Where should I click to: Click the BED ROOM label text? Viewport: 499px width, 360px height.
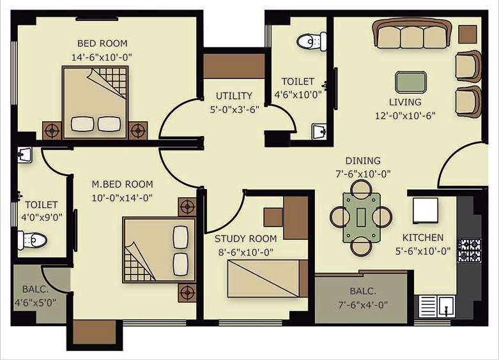pos(102,43)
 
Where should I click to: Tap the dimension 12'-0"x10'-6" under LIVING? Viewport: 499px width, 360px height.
pos(405,116)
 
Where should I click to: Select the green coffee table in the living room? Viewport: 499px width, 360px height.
pos(411,82)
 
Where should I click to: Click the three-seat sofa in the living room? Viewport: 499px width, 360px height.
pos(412,34)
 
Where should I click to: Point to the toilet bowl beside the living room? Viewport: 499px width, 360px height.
pos(312,41)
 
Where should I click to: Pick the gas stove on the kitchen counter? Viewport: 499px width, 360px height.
pos(469,250)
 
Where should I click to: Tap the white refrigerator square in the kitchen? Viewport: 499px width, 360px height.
pos(425,210)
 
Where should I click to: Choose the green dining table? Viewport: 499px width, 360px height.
pos(361,218)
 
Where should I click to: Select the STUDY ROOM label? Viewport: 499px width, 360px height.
pos(246,239)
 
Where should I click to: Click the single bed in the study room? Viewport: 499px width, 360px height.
pos(268,278)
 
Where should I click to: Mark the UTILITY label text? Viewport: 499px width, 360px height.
pos(234,96)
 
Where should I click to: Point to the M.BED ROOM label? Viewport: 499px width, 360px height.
pos(122,184)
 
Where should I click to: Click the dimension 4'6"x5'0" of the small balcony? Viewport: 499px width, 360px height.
pos(35,303)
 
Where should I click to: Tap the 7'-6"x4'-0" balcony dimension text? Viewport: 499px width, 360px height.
pos(363,305)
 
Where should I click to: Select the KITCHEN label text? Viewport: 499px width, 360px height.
pos(422,237)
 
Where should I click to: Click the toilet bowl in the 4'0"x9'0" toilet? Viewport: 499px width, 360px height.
pos(32,240)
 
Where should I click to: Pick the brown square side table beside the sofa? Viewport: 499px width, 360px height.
pos(468,34)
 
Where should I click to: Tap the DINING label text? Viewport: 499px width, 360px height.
pos(363,161)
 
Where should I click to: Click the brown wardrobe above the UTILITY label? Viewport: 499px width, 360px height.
pos(234,66)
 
